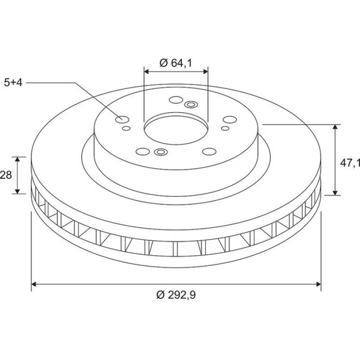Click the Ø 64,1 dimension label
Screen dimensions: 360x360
[x=176, y=63]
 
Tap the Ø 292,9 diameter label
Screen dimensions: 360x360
[x=176, y=295]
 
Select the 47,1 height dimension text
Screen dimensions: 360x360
[x=350, y=163]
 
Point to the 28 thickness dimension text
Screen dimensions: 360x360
[x=6, y=175]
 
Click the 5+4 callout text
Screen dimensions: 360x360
[x=13, y=83]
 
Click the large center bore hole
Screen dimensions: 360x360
[x=176, y=129]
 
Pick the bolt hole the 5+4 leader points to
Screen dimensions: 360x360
[x=122, y=119]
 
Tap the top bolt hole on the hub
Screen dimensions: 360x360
[x=176, y=100]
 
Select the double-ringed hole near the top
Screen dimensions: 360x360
[x=191, y=105]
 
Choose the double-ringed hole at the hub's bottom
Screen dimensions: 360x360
[x=161, y=152]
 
